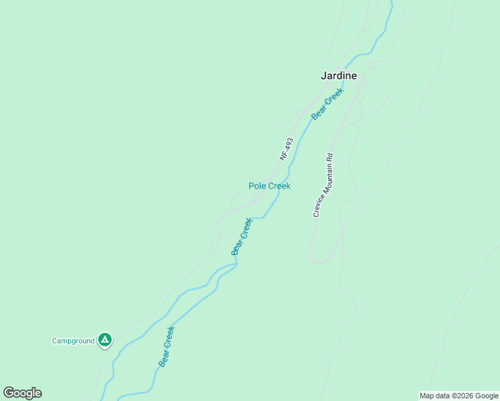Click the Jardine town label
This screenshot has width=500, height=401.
pyautogui.click(x=338, y=76)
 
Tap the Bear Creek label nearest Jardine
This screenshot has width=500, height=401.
pyautogui.click(x=327, y=104)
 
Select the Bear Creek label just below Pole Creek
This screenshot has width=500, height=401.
pyautogui.click(x=242, y=236)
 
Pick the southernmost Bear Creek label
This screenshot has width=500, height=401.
pyautogui.click(x=166, y=346)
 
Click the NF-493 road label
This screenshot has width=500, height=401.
pyautogui.click(x=286, y=149)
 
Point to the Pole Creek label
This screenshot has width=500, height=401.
pyautogui.click(x=269, y=186)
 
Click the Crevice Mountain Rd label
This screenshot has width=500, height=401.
pyautogui.click(x=324, y=185)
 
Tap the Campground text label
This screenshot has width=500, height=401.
pyautogui.click(x=74, y=341)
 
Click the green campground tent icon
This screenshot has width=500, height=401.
pyautogui.click(x=104, y=340)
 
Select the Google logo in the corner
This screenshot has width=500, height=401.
pyautogui.click(x=23, y=393)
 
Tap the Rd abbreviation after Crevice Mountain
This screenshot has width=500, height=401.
pyautogui.click(x=330, y=157)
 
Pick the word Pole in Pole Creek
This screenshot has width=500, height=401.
pyautogui.click(x=257, y=186)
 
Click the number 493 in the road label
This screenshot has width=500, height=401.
pyautogui.click(x=288, y=144)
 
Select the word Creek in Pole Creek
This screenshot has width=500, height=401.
pyautogui.click(x=279, y=186)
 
